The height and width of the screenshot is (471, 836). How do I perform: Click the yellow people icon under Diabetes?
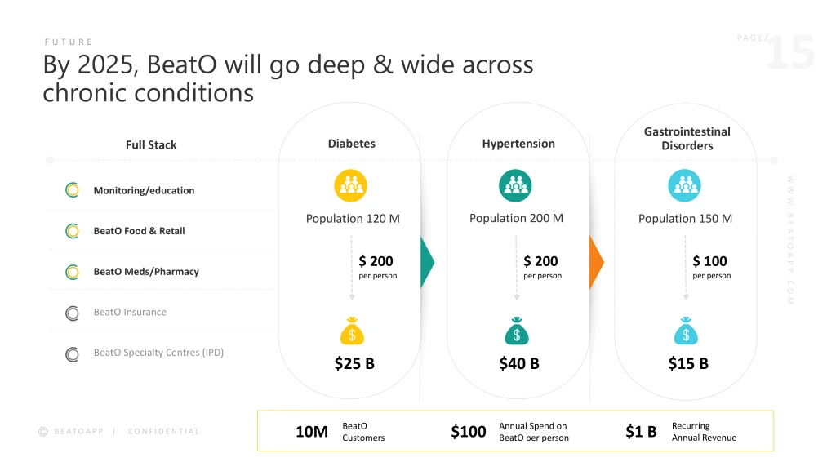click(351, 186)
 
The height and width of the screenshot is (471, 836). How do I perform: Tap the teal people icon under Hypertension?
click(515, 186)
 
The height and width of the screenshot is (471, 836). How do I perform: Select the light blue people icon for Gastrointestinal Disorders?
click(684, 186)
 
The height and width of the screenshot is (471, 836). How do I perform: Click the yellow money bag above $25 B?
click(351, 331)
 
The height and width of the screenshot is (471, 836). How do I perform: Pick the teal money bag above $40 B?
click(516, 331)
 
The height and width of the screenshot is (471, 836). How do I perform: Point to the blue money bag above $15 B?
click(686, 331)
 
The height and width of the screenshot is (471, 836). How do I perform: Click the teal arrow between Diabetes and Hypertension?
click(427, 262)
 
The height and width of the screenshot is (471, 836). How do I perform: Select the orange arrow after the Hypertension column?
click(596, 262)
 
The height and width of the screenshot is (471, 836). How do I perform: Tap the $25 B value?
click(354, 363)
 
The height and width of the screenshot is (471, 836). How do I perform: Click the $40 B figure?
click(519, 363)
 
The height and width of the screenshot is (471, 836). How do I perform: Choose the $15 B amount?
click(688, 363)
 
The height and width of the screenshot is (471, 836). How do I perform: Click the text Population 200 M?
click(516, 218)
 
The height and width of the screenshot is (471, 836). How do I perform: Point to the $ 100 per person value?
click(710, 261)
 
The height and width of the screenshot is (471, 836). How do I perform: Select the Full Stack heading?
click(151, 144)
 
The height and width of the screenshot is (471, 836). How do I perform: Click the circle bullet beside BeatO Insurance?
click(72, 313)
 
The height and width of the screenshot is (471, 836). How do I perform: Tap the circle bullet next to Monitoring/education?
click(72, 190)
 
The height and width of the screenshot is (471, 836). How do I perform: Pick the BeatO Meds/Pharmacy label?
click(146, 272)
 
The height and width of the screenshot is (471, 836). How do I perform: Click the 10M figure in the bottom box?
click(312, 432)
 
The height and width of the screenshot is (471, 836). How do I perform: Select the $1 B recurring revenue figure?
click(641, 432)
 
